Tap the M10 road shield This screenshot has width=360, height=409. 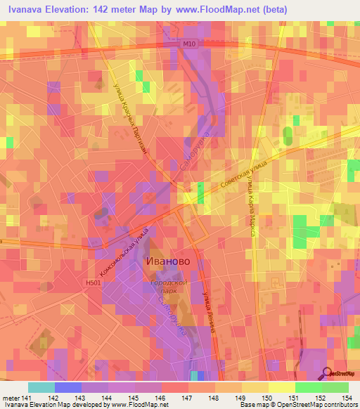[187, 44]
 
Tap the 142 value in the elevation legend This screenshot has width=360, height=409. [53, 398]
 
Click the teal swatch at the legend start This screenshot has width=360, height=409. [41, 387]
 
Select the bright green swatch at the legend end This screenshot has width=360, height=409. [335, 387]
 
